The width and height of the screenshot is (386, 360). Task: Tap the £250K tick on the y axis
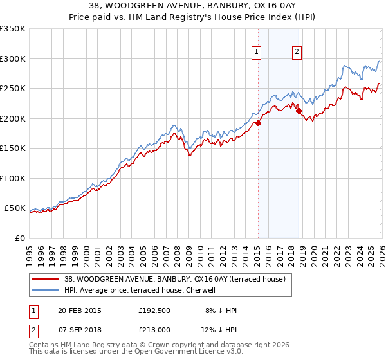(x=13, y=89)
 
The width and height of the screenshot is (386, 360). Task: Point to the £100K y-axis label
(x=13, y=178)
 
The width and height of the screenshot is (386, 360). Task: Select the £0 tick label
(x=19, y=238)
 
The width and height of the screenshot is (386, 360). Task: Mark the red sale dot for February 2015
(x=257, y=123)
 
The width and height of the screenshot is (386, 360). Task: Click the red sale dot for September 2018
(x=299, y=111)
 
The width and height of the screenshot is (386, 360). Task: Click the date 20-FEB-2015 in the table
(x=80, y=310)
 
